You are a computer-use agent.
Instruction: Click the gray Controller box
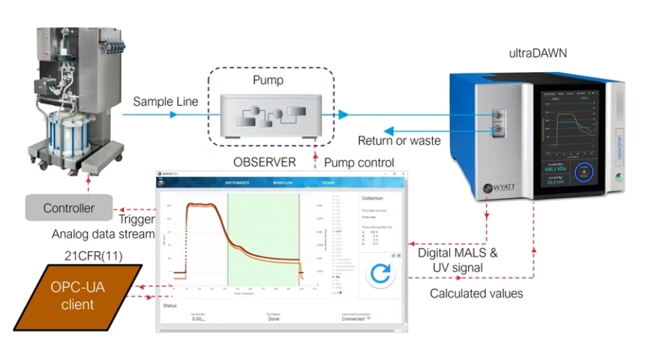(x=68, y=208)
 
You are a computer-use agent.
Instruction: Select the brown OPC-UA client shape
(x=78, y=297)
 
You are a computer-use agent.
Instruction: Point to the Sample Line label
(x=166, y=101)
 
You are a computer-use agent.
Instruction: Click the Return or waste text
(x=400, y=140)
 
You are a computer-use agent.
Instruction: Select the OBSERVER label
(x=264, y=162)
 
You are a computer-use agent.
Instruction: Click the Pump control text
(x=359, y=162)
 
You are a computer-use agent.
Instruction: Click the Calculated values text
(x=476, y=293)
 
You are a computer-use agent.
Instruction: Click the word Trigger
(x=137, y=220)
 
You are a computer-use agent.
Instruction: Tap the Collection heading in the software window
(x=372, y=199)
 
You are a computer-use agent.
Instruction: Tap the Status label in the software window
(x=170, y=305)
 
